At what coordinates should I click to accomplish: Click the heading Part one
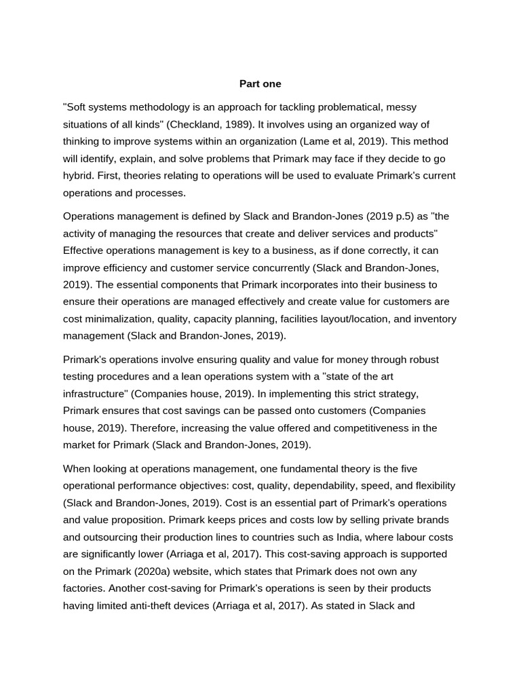[x=260, y=83]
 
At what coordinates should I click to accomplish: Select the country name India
[x=315, y=536]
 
